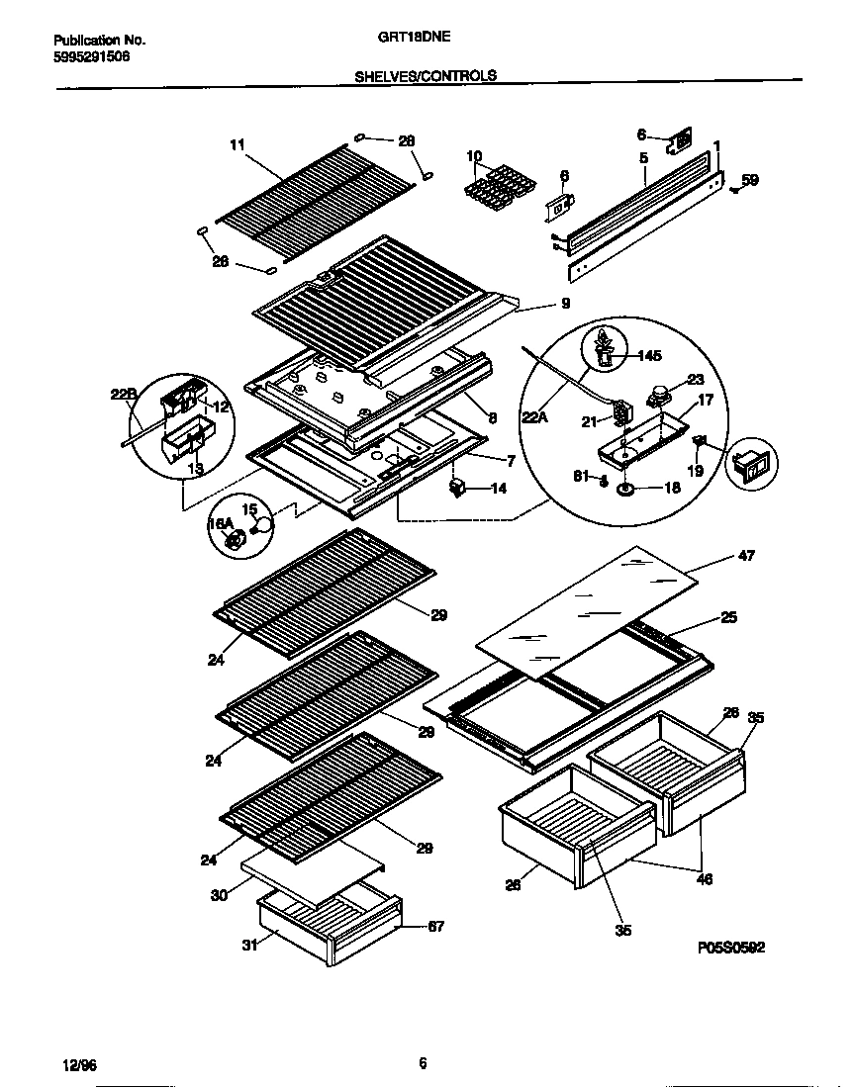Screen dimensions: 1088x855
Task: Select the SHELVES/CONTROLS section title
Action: (425, 75)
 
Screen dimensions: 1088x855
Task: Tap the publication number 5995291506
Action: (90, 56)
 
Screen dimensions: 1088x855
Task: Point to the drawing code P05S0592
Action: (730, 948)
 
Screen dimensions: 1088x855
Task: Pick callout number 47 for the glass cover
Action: (746, 556)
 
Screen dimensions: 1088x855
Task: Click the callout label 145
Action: (649, 355)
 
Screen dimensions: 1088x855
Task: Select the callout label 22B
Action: (122, 395)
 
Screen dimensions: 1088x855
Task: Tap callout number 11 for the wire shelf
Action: (236, 145)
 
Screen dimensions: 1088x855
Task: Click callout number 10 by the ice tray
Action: (474, 156)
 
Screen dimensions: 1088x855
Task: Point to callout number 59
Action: (750, 180)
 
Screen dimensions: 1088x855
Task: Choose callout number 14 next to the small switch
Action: (497, 488)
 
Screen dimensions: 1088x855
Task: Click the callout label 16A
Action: (220, 524)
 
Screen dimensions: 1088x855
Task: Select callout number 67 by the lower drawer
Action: (434, 926)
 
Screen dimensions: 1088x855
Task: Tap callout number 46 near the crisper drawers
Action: (706, 878)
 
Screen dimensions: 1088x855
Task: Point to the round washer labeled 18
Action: (626, 488)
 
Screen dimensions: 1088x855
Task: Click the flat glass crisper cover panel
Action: (584, 610)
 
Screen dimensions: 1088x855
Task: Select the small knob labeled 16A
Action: (236, 540)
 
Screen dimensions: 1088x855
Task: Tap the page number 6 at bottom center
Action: (423, 1064)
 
